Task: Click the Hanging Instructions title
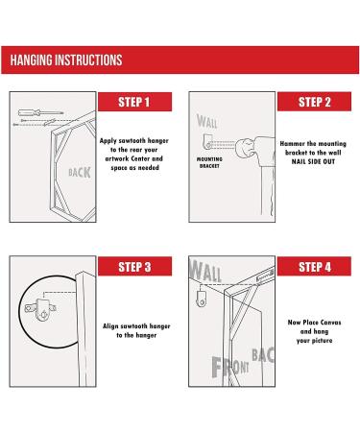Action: coord(66,60)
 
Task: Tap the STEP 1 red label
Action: coord(134,102)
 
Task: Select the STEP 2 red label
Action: coord(314,102)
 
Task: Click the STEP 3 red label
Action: coord(134,266)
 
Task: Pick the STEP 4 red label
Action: coord(314,266)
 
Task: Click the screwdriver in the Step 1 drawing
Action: coord(40,112)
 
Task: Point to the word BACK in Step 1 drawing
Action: coord(80,173)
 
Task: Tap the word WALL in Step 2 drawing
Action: coord(207,121)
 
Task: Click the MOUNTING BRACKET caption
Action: coord(209,162)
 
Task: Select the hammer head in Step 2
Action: coord(245,148)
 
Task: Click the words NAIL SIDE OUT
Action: coord(313,161)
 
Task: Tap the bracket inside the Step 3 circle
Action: coord(40,309)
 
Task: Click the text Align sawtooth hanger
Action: coord(136,326)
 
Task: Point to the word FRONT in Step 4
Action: coord(230,367)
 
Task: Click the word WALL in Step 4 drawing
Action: coord(205,271)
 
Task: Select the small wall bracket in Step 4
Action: coord(202,299)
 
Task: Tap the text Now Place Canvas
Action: coord(314,323)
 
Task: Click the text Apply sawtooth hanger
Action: coord(134,141)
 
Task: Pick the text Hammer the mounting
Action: coord(313,144)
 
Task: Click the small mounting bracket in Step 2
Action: coord(208,141)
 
